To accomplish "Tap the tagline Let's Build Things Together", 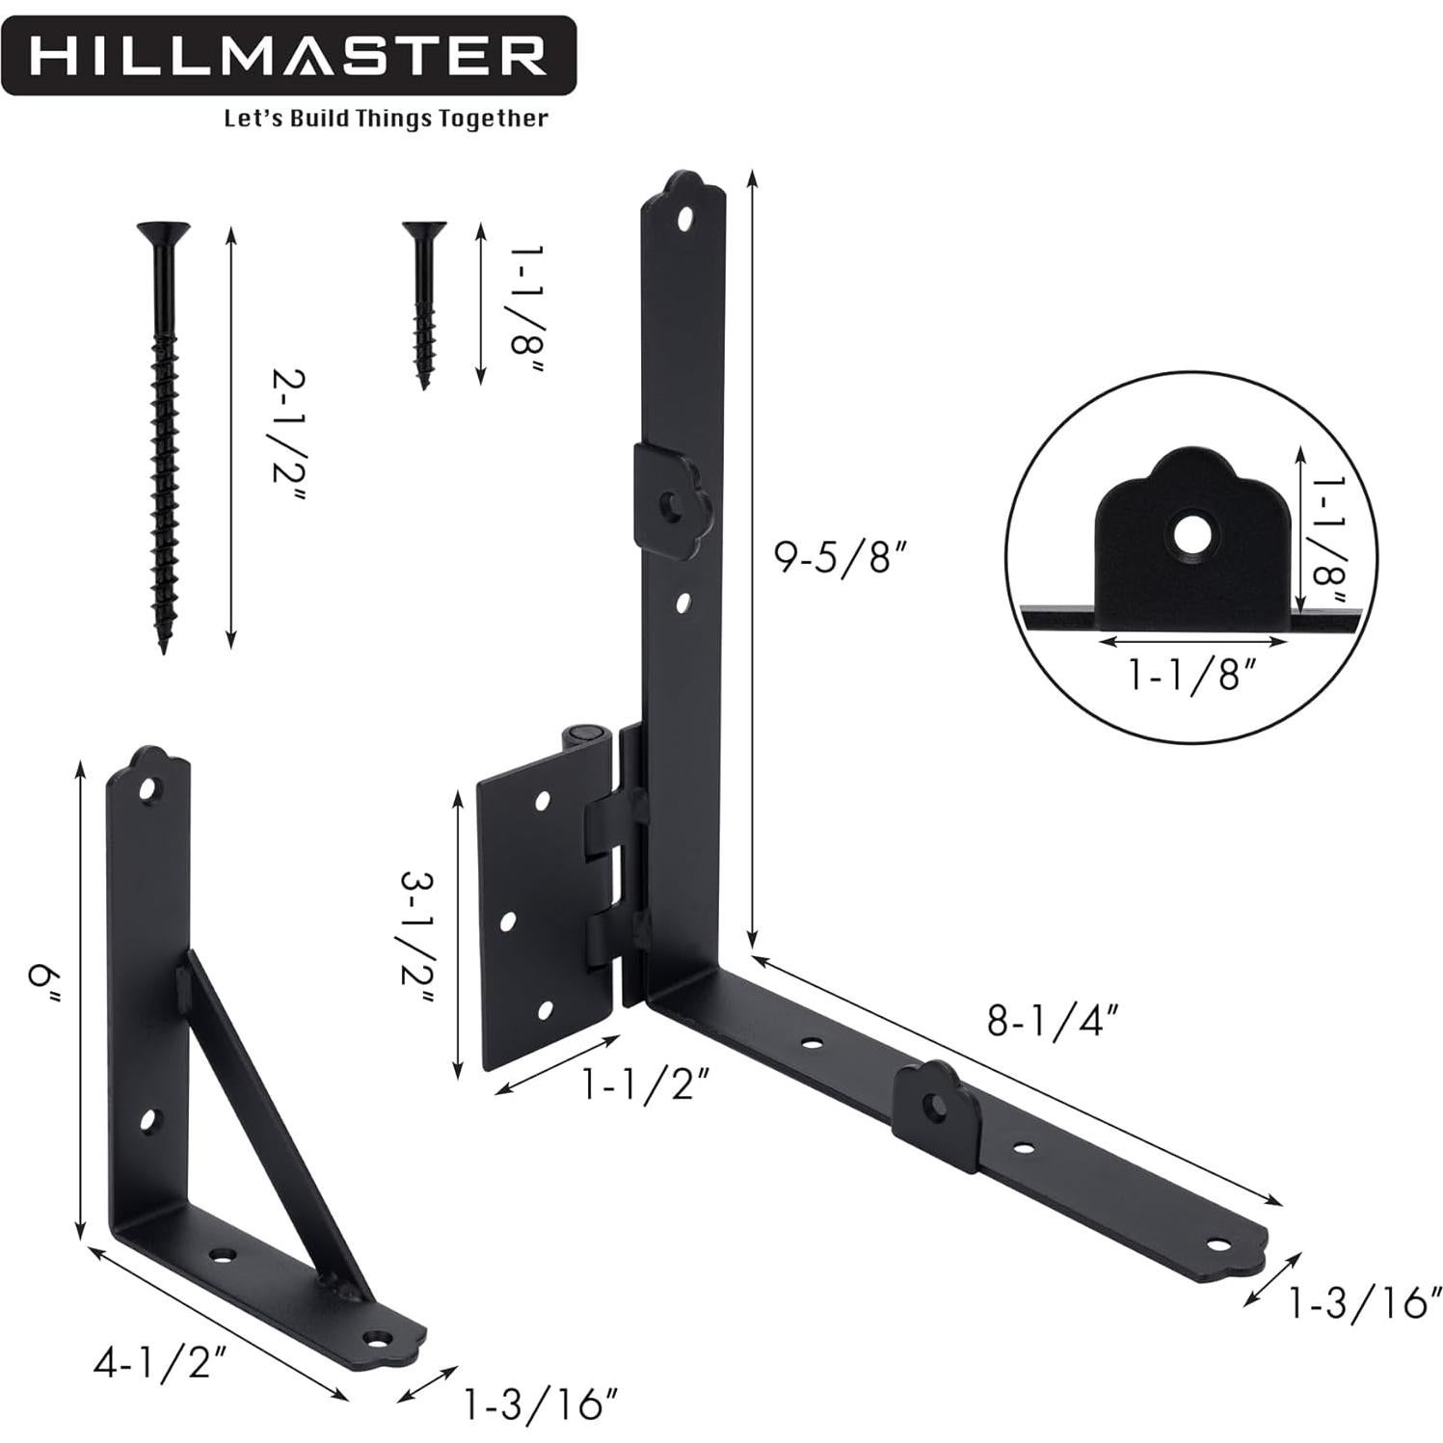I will coord(386,119).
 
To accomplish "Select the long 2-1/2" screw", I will coord(165,434).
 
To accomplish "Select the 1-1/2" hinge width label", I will coord(646,1087).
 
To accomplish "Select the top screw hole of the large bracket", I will coord(684,219).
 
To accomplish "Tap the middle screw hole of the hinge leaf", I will coord(508,922).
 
